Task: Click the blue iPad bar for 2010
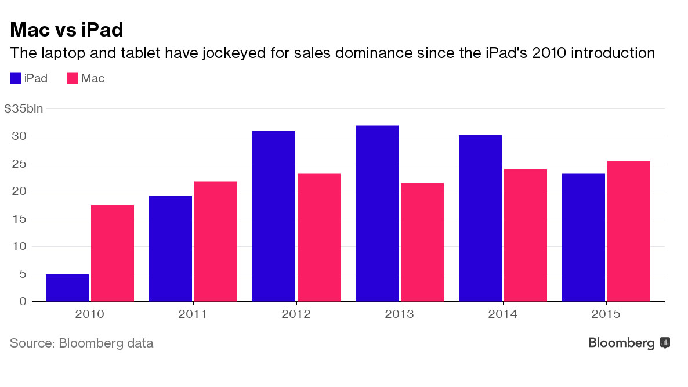[x=67, y=288]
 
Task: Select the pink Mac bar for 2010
[x=113, y=253]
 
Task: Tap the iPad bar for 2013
[x=377, y=214]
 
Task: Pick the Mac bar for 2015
[x=628, y=231]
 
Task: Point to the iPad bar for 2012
[x=274, y=216]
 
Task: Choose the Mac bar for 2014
[x=525, y=235]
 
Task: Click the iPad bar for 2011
[x=171, y=248]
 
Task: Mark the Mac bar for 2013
[x=422, y=242]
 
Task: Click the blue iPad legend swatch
[x=16, y=78]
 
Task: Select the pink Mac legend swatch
[x=73, y=78]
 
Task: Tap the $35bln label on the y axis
[x=24, y=108]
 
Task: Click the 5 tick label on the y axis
[x=23, y=274]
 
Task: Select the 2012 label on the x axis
[x=296, y=314]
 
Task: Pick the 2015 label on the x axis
[x=606, y=314]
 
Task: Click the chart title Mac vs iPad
[x=67, y=29]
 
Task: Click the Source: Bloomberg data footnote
[x=81, y=343]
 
